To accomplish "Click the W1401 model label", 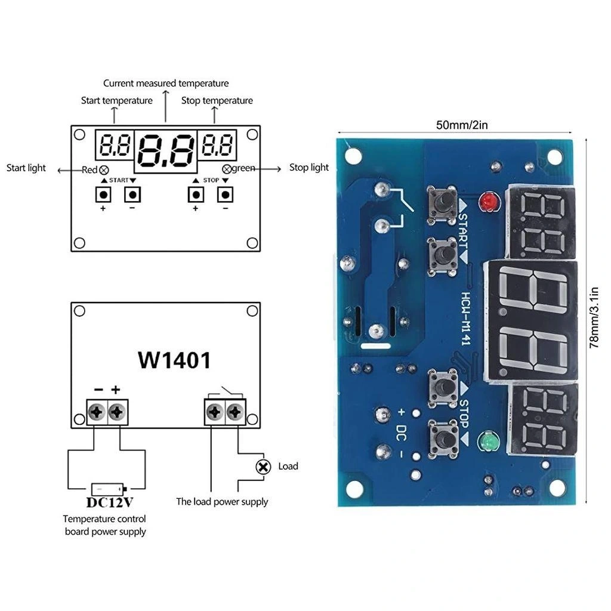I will coord(174,360).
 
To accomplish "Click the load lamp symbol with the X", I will coord(263,467).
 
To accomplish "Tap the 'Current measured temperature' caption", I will coord(166,84).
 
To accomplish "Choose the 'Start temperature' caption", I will coord(117,100).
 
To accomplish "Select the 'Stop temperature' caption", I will coord(217,100).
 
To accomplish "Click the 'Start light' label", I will coord(26,168).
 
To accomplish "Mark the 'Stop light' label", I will coord(309,168).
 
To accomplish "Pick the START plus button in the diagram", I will coord(103,195).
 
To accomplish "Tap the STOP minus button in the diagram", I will coord(224,195).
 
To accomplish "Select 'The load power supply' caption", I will coord(222,502).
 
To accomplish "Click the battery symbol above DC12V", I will coord(107,488).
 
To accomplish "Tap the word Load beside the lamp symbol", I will coord(288,466).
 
